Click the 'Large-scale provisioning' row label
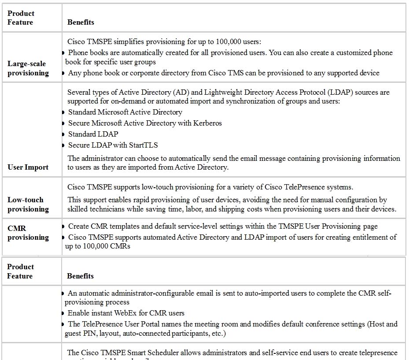28,68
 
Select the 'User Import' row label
28,167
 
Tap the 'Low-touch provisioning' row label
28,204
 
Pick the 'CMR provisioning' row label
28,233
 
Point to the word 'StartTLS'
144,145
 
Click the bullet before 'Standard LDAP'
64,134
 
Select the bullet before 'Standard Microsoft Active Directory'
64,112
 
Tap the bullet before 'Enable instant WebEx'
64,313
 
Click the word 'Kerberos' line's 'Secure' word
79,123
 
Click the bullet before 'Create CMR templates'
64,226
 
